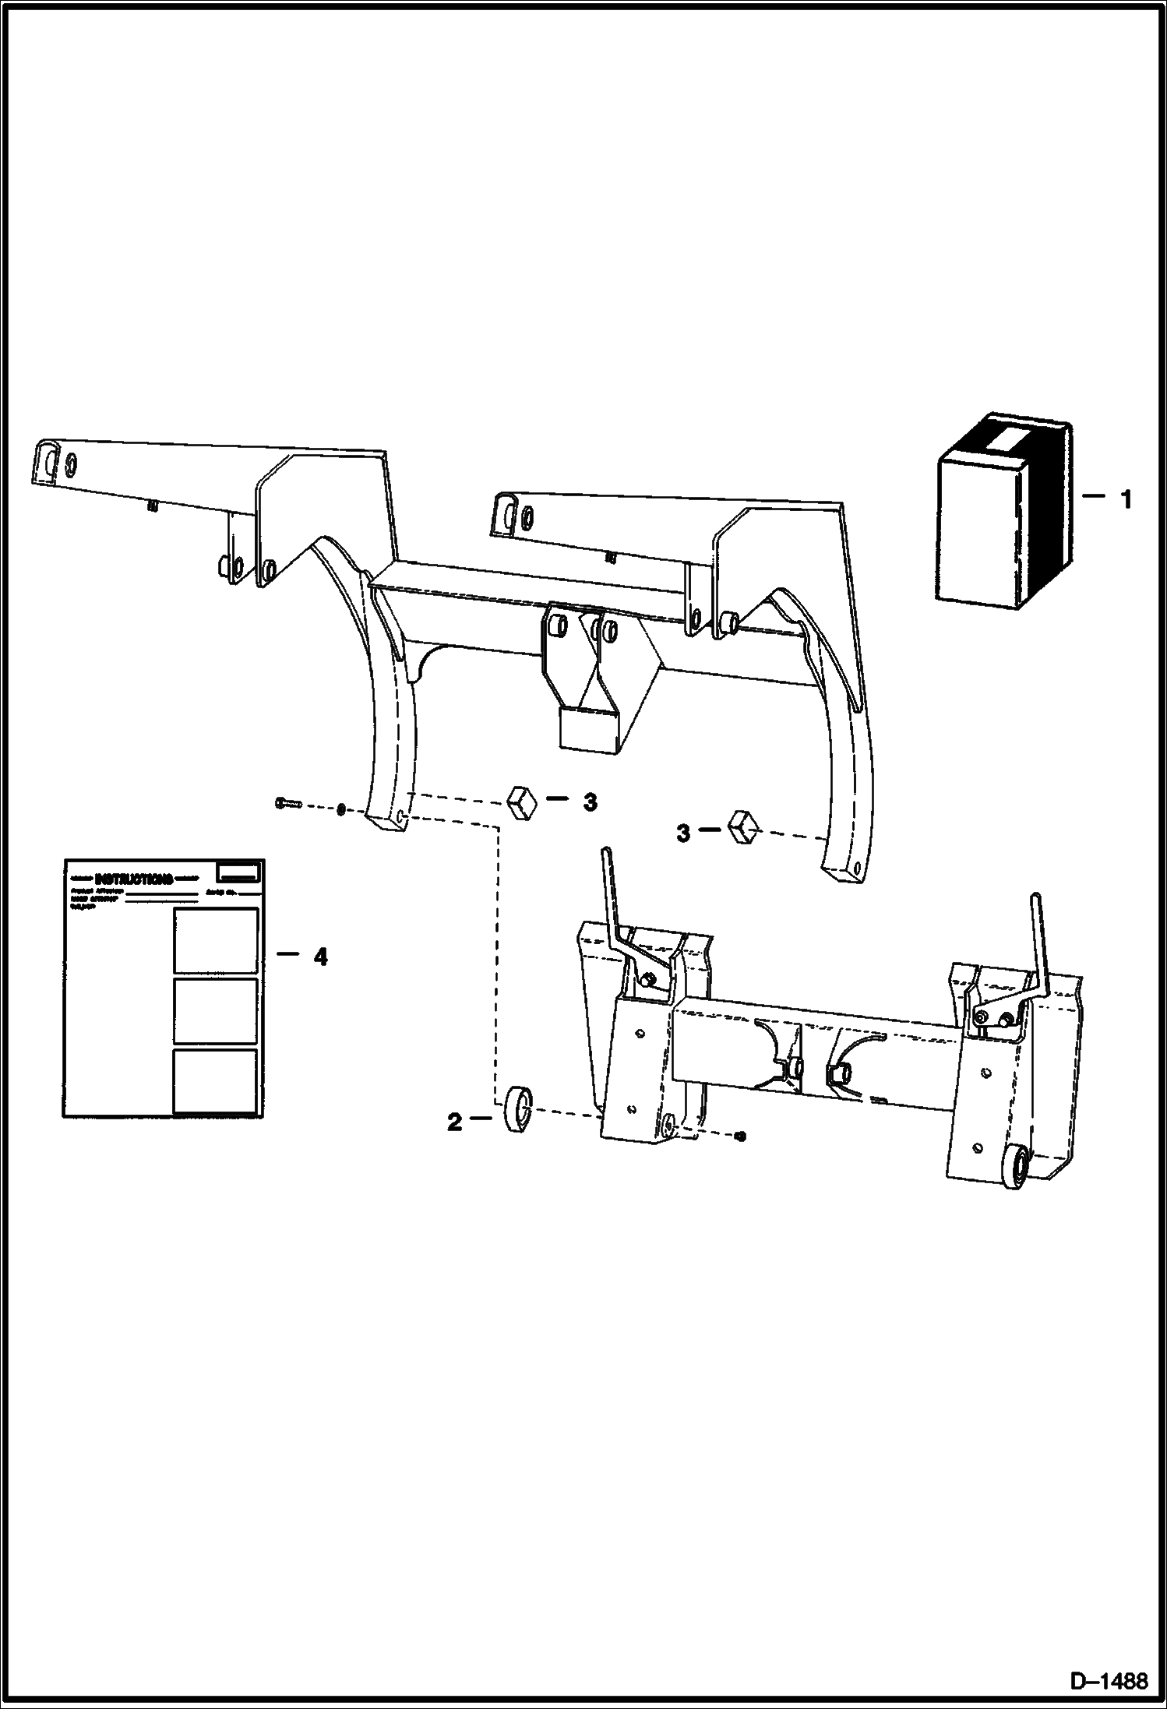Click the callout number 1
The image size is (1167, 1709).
(1125, 499)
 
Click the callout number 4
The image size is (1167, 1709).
(320, 956)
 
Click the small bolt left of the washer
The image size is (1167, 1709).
(287, 803)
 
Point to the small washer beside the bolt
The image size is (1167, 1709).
(341, 810)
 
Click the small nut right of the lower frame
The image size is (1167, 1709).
(741, 1137)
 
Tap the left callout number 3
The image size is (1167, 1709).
(590, 802)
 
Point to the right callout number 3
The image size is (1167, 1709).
(682, 833)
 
